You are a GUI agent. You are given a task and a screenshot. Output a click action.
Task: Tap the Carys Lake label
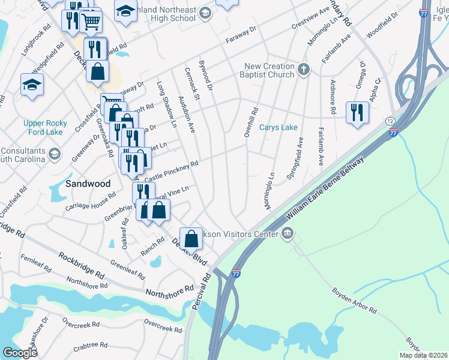pyautogui.click(x=278, y=128)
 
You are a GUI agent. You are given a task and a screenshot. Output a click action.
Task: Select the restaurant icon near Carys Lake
pyautogui.click(x=357, y=112)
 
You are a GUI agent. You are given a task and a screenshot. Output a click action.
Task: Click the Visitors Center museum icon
pyautogui.click(x=288, y=233)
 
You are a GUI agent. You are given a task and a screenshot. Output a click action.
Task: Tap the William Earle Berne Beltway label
pyautogui.click(x=324, y=188)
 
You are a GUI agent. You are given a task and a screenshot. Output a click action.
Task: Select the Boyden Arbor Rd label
pyautogui.click(x=354, y=302)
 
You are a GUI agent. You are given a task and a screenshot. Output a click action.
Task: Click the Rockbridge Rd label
pyautogui.click(x=82, y=265)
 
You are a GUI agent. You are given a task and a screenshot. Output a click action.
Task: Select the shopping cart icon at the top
pyautogui.click(x=91, y=22)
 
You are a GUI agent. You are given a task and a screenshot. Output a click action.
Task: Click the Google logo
pyautogui.click(x=20, y=352)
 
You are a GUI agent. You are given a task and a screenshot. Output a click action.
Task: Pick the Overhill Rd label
pyautogui.click(x=251, y=122)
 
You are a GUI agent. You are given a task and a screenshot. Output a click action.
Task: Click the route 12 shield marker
pyautogui.click(x=390, y=122)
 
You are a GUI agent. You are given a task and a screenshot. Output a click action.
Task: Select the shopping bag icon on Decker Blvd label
pyautogui.click(x=191, y=239)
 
